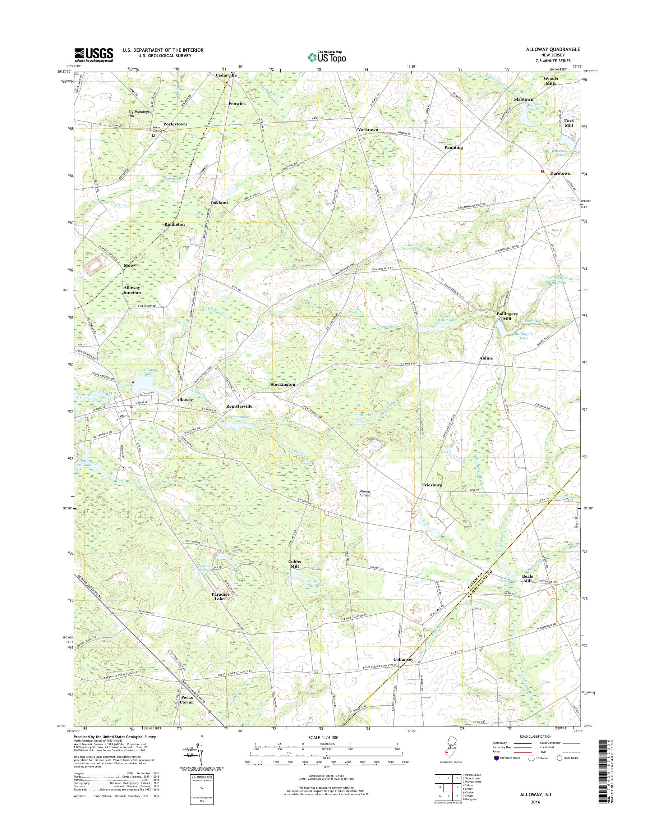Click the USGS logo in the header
(x=93, y=55)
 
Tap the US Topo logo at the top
(x=327, y=57)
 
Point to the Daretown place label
(x=560, y=174)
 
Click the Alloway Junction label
(x=132, y=290)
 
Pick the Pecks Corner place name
(x=187, y=700)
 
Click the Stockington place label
(x=282, y=384)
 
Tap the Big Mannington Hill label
(x=141, y=113)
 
